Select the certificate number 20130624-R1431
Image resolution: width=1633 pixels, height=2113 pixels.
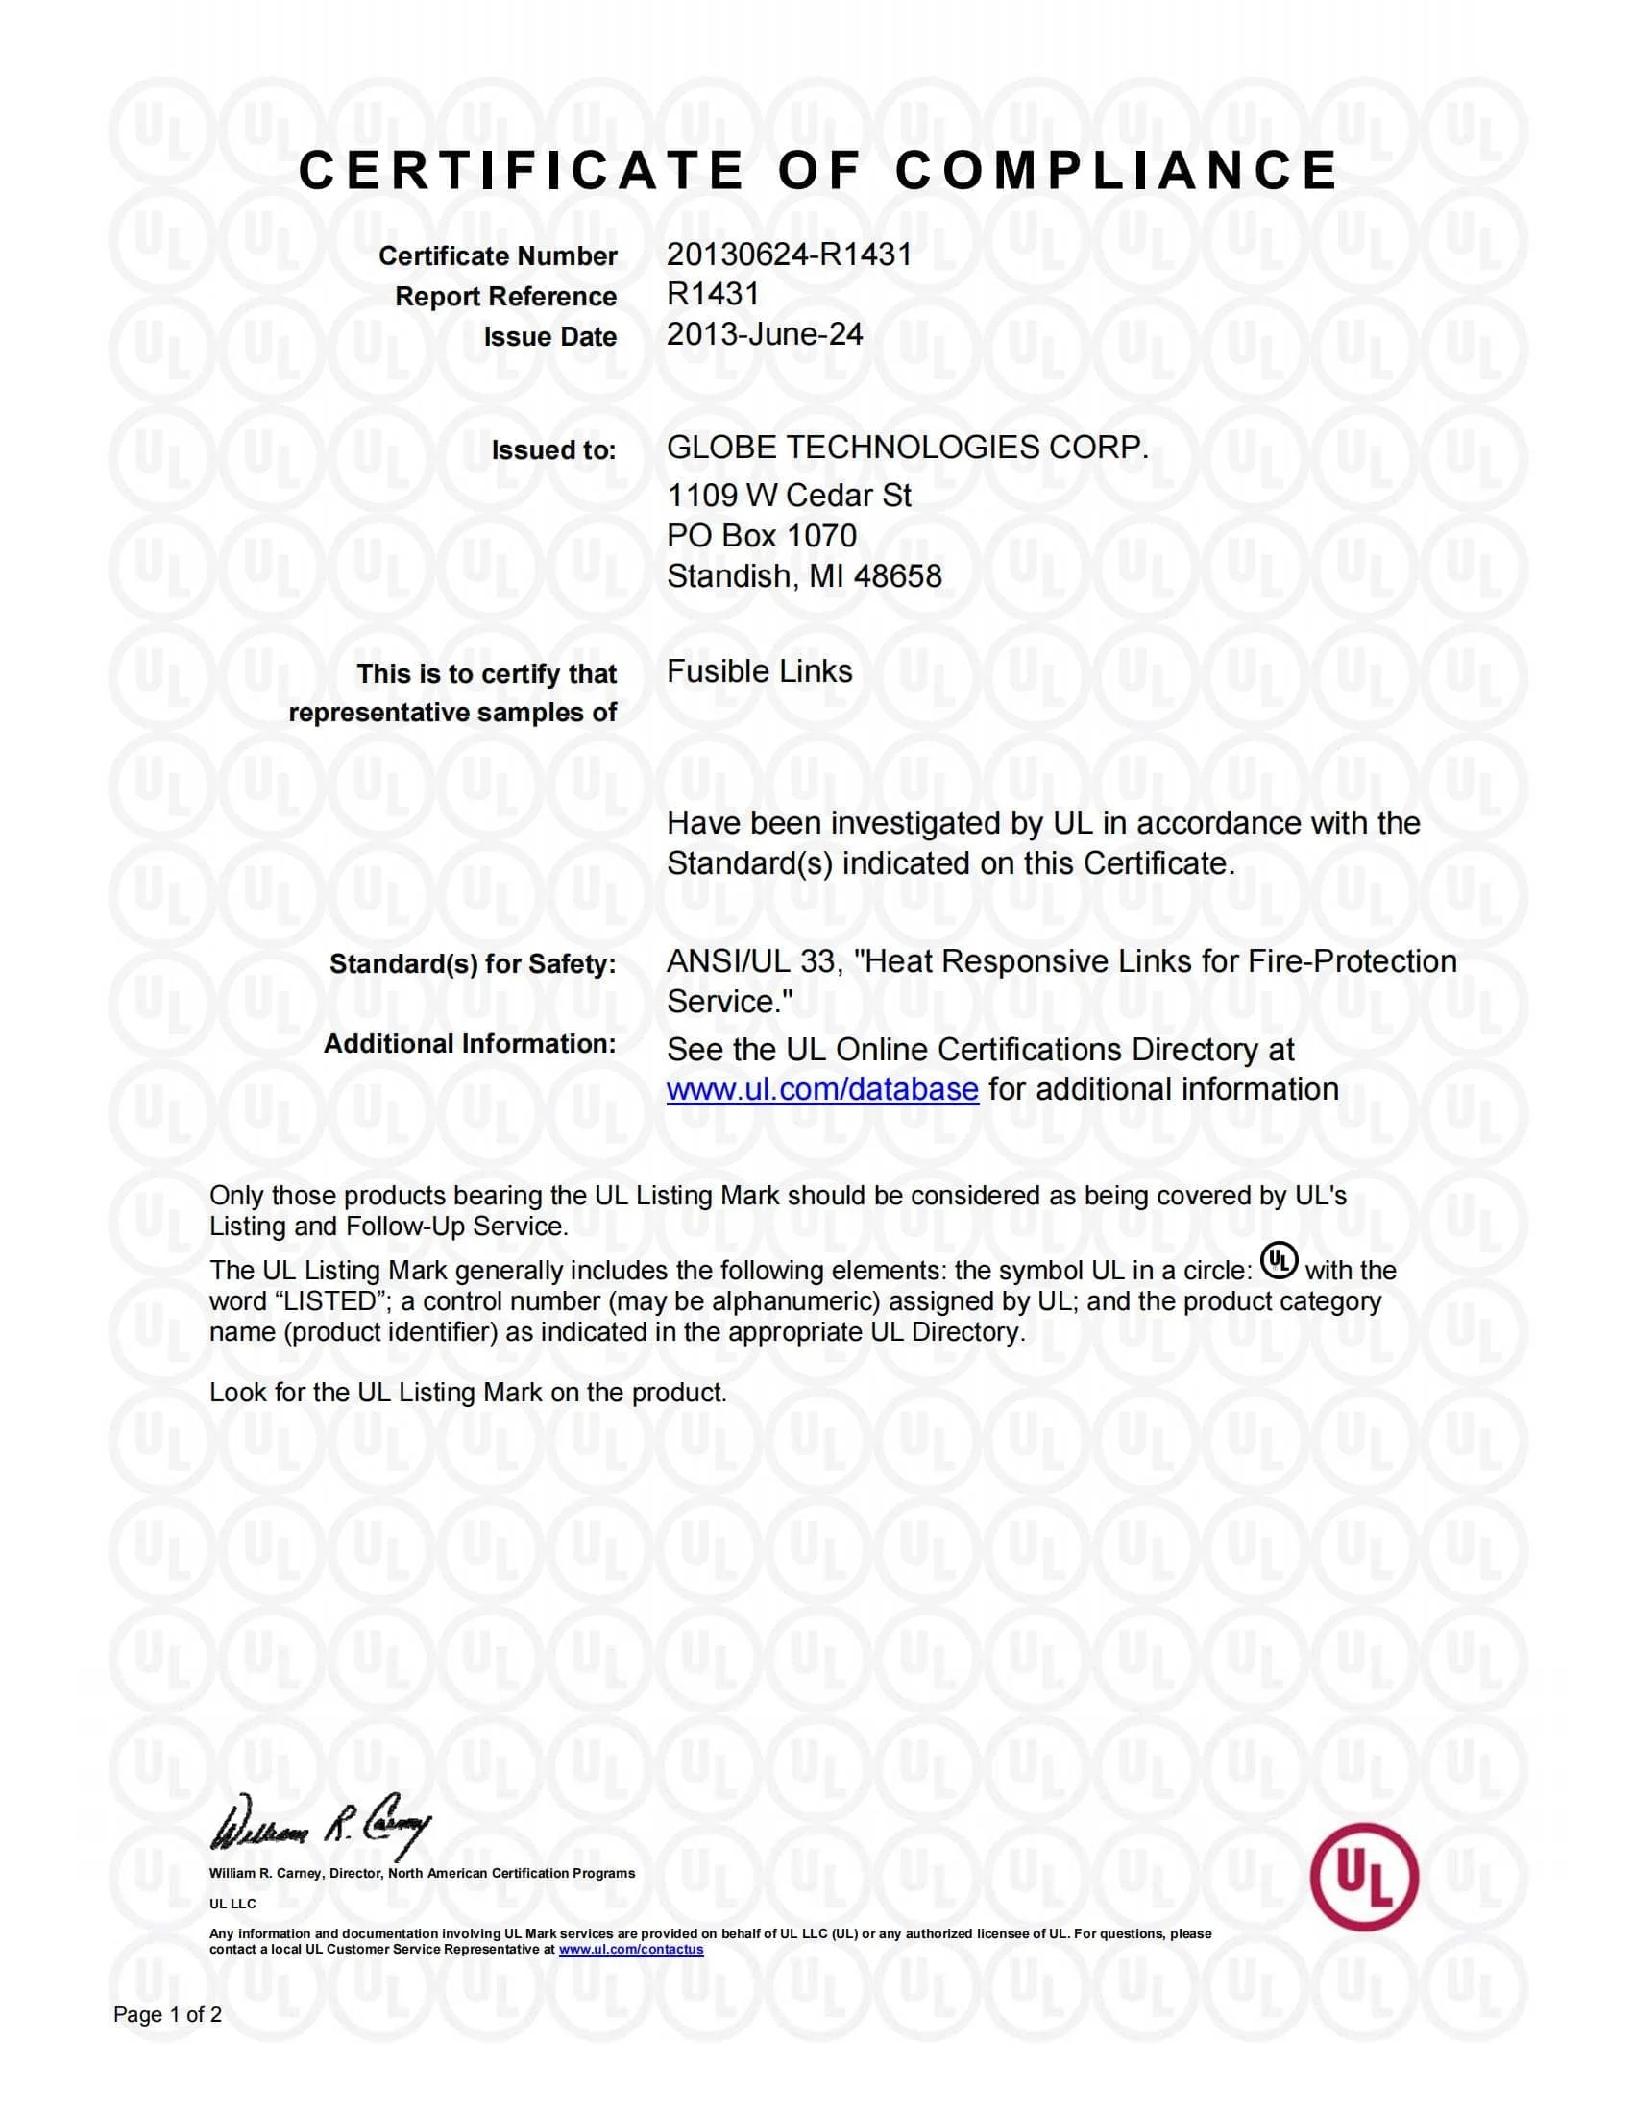(x=789, y=255)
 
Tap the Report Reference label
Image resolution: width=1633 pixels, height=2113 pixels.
(x=505, y=296)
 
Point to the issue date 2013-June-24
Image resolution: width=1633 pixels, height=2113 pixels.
(x=765, y=334)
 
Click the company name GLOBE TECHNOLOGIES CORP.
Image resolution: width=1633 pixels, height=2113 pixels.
(x=907, y=447)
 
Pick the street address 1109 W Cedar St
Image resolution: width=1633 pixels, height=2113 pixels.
(x=789, y=496)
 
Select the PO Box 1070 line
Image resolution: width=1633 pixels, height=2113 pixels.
(x=762, y=535)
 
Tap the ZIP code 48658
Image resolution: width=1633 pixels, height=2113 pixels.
(x=899, y=575)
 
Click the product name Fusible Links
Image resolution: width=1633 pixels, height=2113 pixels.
(x=760, y=671)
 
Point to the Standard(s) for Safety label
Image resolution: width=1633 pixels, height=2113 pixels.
(x=472, y=963)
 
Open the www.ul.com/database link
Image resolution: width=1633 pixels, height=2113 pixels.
(x=822, y=1089)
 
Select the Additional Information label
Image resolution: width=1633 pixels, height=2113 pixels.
(x=469, y=1044)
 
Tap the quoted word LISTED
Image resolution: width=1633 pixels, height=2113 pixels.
(x=310, y=1301)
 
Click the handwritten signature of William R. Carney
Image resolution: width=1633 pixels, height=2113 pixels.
(x=320, y=1828)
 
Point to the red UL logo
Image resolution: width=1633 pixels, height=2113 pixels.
(x=1364, y=1876)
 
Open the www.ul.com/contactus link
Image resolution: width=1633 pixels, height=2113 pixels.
(x=631, y=1949)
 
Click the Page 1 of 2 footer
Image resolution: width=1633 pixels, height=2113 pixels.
(x=167, y=2014)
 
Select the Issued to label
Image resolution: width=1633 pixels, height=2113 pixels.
(x=553, y=449)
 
